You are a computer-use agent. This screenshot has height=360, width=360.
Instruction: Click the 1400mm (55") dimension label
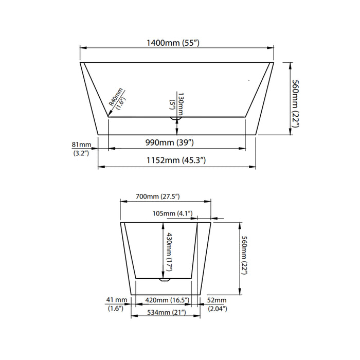[x=176, y=43]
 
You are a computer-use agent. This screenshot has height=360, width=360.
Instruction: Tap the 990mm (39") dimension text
[x=176, y=142]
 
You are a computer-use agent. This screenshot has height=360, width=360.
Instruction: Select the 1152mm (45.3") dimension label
[x=176, y=160]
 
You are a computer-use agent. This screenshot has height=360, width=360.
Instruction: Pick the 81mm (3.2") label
[x=82, y=148]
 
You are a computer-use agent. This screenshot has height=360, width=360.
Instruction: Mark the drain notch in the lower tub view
[x=165, y=280]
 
